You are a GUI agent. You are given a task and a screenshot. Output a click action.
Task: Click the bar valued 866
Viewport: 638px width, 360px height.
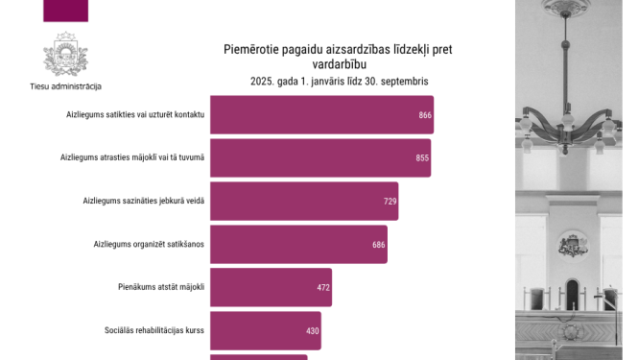(321, 114)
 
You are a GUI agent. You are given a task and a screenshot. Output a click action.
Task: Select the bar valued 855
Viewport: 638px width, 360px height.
(319, 157)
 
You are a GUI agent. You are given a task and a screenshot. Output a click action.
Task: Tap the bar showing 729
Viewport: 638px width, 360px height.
(303, 201)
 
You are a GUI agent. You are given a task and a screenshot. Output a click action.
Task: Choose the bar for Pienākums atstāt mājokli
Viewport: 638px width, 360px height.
(271, 287)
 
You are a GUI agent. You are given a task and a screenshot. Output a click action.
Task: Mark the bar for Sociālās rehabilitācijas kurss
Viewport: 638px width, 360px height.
(265, 330)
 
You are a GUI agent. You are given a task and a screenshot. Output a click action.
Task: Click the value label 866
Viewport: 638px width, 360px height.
(425, 115)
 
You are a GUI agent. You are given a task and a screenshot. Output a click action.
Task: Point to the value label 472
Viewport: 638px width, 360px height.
(323, 288)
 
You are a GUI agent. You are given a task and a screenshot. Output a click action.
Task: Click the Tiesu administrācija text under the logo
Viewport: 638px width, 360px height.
(65, 85)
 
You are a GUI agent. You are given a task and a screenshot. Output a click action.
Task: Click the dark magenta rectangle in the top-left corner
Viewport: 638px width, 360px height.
(66, 11)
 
